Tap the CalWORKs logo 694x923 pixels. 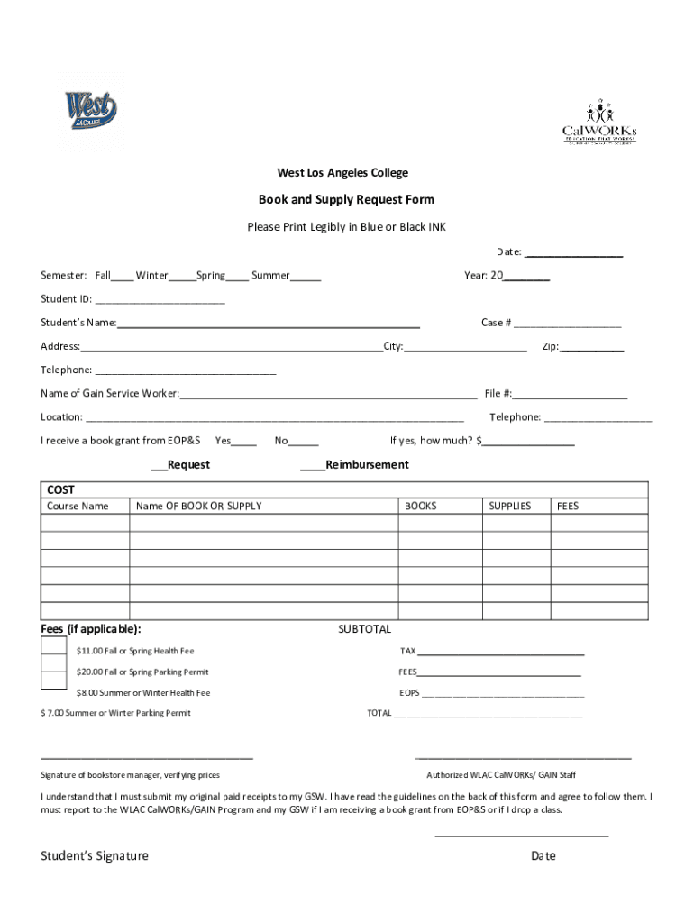tap(598, 124)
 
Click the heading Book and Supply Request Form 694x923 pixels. tap(347, 199)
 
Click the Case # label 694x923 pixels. tap(497, 323)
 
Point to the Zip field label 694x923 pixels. tap(550, 347)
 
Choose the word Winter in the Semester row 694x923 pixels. tap(151, 275)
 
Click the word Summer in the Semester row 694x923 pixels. tap(270, 275)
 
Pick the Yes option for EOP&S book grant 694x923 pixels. tap(224, 441)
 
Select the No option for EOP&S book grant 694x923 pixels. tap(281, 441)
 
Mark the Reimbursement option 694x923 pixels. tap(314, 465)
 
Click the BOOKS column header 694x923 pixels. tap(420, 507)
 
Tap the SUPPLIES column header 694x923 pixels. tap(510, 507)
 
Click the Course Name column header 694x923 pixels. tap(78, 507)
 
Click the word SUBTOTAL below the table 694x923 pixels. tap(364, 629)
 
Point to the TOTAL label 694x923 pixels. tap(379, 713)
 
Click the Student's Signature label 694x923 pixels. tap(95, 856)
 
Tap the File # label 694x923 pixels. tap(498, 394)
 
